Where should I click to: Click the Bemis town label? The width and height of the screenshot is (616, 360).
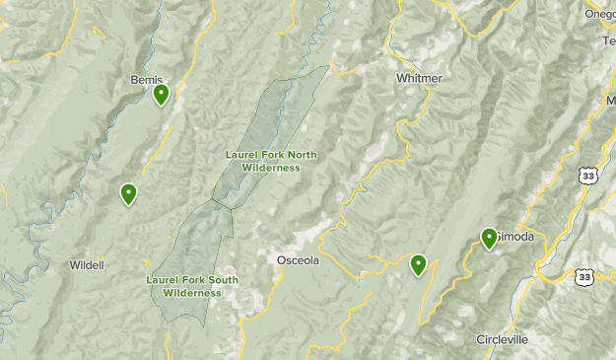[x=145, y=80]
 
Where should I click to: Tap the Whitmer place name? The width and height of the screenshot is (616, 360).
[x=418, y=78]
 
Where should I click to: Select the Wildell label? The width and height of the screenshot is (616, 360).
[x=87, y=265]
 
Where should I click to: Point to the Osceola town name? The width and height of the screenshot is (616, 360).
[x=297, y=259]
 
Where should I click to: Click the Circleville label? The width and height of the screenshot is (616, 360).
[x=502, y=339]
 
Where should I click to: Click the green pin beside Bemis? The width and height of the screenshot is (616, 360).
[x=161, y=94]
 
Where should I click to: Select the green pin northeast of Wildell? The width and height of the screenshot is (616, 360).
[x=128, y=193]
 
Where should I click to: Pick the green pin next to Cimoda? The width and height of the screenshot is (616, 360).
[x=489, y=237]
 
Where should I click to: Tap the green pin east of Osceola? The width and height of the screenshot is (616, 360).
[x=418, y=264]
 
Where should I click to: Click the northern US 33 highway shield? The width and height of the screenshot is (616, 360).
[x=588, y=175]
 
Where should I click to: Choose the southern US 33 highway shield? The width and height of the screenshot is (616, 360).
[x=587, y=278]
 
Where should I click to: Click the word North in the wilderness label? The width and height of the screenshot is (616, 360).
[x=302, y=155]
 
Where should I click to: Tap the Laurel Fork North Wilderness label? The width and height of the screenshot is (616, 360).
[x=262, y=161]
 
